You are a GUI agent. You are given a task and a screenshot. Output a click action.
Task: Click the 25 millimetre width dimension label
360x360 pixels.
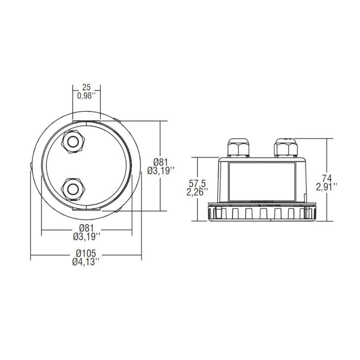pos(86,87)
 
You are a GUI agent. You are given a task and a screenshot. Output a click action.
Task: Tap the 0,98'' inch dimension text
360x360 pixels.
pos(86,96)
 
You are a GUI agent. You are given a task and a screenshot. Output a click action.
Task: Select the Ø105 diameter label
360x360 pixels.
pos(86,253)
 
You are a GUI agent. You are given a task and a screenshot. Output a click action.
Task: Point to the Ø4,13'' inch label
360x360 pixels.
pos(86,262)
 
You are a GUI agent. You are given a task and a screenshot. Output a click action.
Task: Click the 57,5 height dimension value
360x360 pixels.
pos(198,184)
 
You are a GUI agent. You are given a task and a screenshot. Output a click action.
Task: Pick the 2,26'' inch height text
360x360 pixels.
pos(197,192)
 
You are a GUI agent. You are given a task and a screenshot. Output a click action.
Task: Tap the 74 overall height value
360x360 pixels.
pos(327,178)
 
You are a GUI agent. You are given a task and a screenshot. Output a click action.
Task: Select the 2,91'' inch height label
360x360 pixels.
pos(327,187)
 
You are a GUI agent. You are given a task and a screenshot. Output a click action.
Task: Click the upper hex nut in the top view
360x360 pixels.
pos(73,142)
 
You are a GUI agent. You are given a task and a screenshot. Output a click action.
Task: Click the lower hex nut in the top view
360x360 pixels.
pos(73,189)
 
